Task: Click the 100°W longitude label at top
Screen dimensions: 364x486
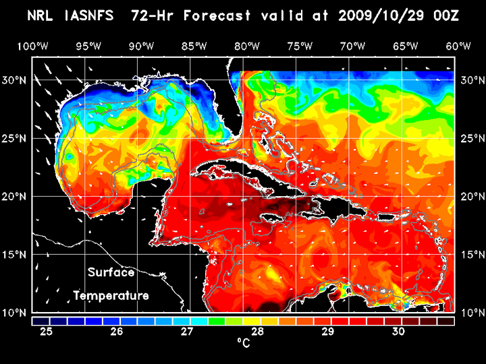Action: pos(32,47)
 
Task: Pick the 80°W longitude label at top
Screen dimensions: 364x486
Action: pos(248,47)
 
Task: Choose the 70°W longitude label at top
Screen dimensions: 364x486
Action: pos(354,47)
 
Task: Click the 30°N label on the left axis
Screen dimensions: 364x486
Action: pos(16,80)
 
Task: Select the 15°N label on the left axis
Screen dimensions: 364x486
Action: pos(16,255)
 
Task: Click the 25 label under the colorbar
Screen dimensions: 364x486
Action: pos(47,332)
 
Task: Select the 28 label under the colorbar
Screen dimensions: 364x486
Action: pos(257,332)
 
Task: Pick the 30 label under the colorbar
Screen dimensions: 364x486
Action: pos(398,332)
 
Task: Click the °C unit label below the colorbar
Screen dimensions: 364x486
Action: pos(244,344)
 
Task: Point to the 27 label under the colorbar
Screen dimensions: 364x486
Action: pos(187,332)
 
